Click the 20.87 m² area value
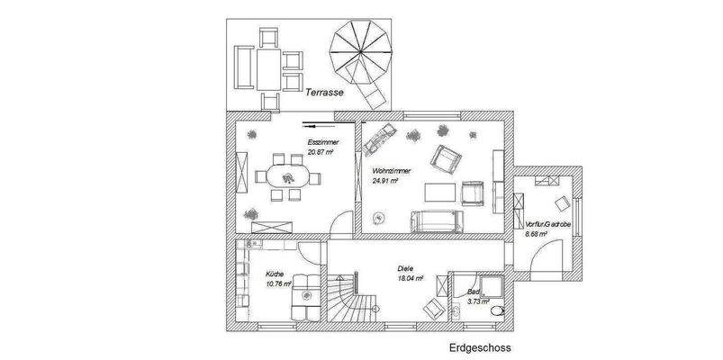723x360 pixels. pyautogui.click(x=320, y=153)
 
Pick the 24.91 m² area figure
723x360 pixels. pyautogui.click(x=385, y=179)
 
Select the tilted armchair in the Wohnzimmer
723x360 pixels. pyautogui.click(x=445, y=158)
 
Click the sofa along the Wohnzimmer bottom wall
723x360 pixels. pyautogui.click(x=437, y=220)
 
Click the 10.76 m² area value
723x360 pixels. pyautogui.click(x=278, y=283)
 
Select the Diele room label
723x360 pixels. pyautogui.click(x=408, y=268)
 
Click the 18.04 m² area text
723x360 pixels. pyautogui.click(x=411, y=278)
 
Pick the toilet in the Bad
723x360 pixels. pyautogui.click(x=455, y=311)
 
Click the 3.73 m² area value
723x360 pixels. pyautogui.click(x=478, y=303)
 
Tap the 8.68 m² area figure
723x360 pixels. pyautogui.click(x=538, y=233)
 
